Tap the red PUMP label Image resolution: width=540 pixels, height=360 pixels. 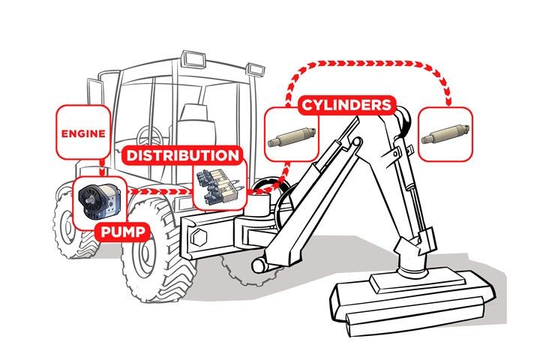click(119, 231)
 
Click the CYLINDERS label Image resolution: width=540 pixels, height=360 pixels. click(346, 105)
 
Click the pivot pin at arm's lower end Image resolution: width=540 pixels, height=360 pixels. click(259, 265)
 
